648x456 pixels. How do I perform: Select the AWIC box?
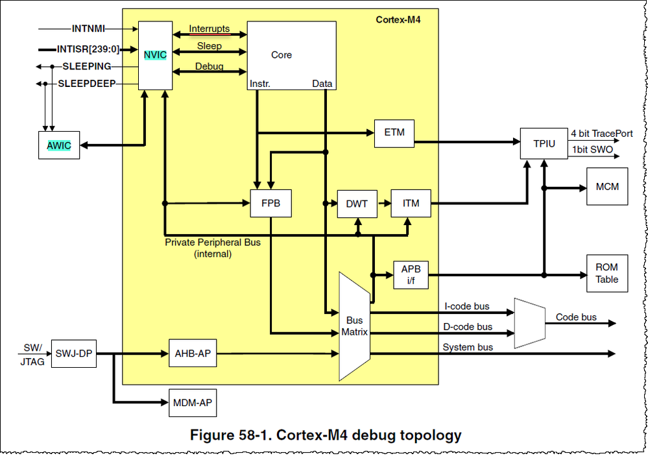click(x=59, y=145)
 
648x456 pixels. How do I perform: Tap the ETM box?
click(x=394, y=132)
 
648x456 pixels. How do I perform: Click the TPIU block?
click(x=544, y=143)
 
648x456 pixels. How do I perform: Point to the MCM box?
click(x=606, y=187)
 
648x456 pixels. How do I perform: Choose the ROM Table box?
click(x=606, y=273)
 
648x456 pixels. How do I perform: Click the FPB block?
click(x=270, y=203)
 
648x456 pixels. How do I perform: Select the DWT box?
click(x=356, y=203)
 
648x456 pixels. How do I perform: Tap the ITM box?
click(x=410, y=203)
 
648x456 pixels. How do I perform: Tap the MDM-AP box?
click(x=192, y=403)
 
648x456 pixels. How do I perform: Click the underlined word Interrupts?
click(x=209, y=29)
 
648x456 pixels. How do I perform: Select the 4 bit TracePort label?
click(x=601, y=133)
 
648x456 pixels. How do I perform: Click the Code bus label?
click(x=576, y=317)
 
